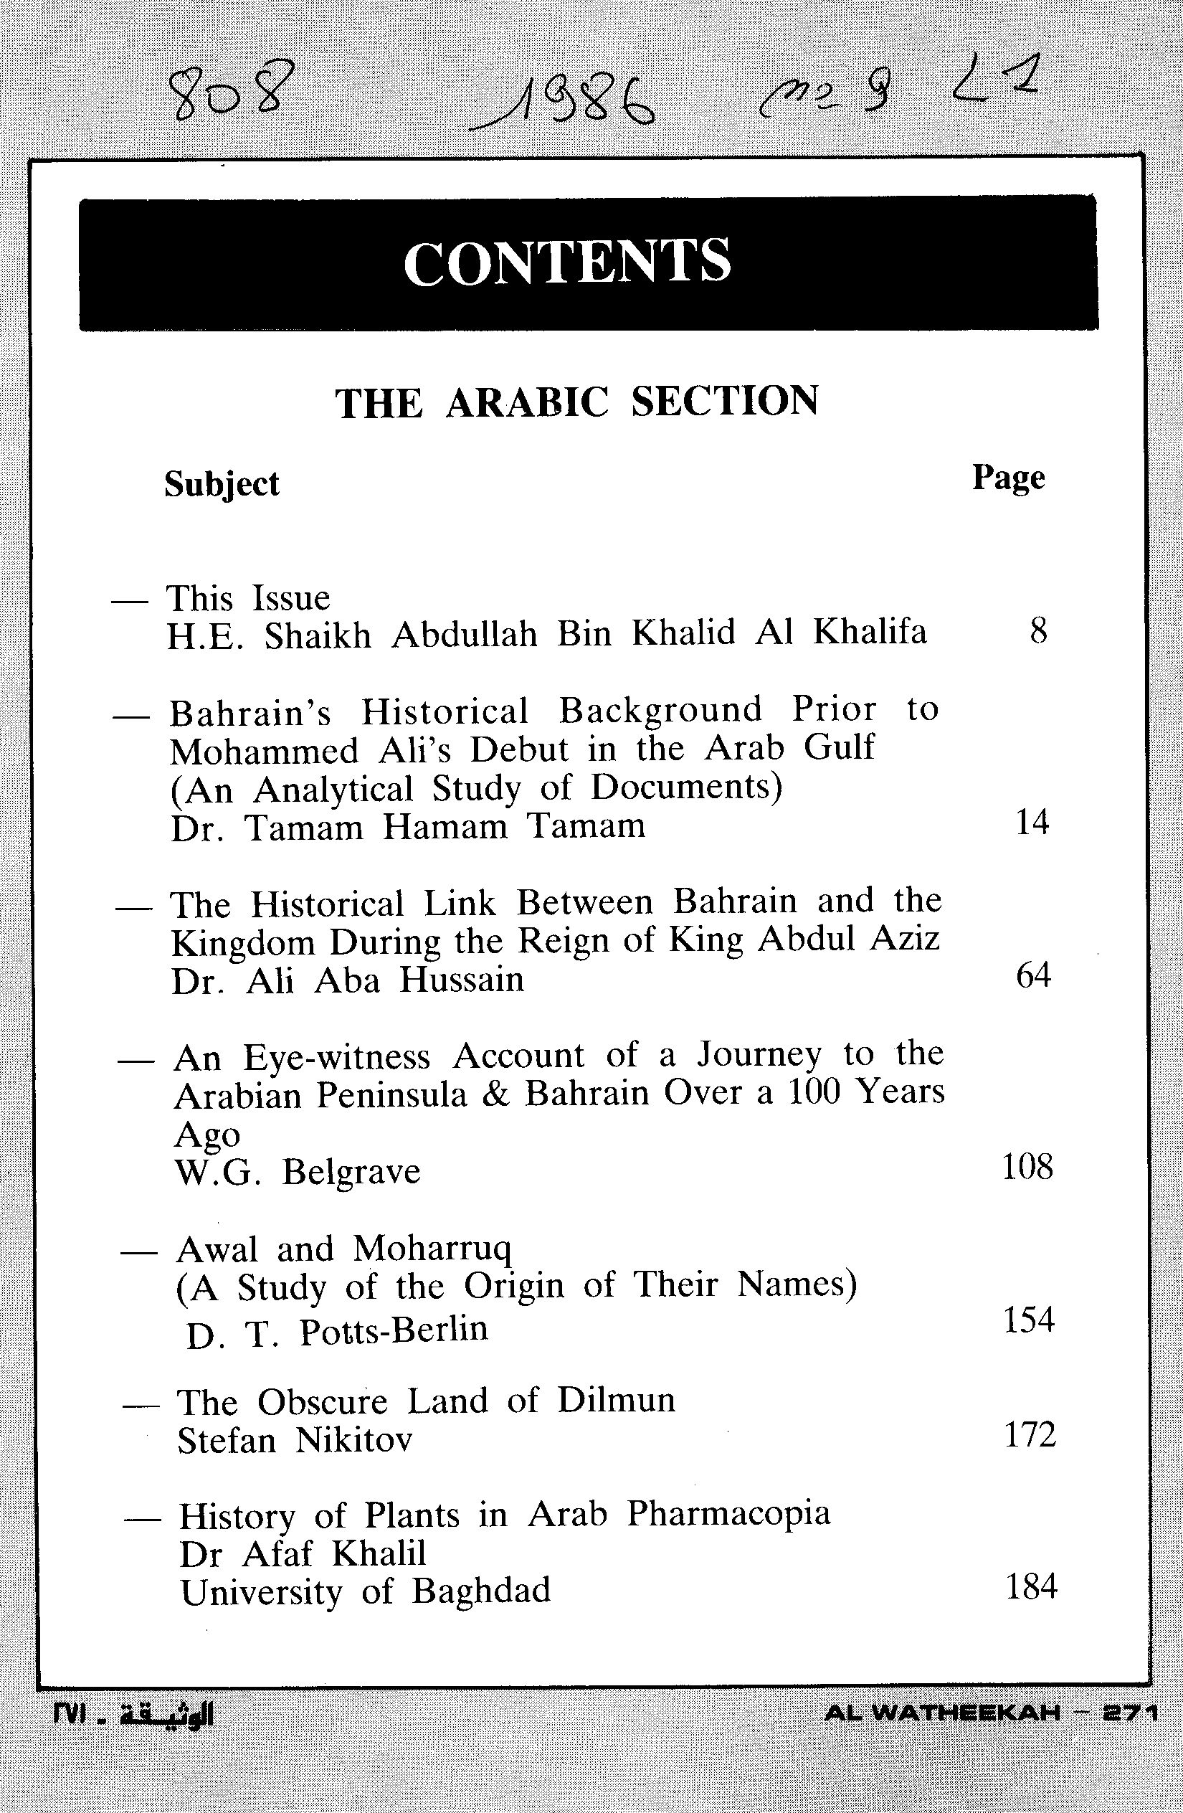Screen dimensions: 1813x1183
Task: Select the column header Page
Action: coord(1008,478)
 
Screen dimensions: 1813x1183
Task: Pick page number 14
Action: coord(1032,823)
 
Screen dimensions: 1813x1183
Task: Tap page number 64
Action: coord(1033,975)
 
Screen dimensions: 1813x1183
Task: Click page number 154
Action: coord(1028,1320)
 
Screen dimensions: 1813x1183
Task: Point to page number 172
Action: coord(1030,1434)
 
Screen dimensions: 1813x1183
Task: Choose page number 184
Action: coord(1032,1587)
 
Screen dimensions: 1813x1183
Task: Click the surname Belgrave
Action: coord(351,1171)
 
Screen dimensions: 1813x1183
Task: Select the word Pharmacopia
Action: coord(728,1515)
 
